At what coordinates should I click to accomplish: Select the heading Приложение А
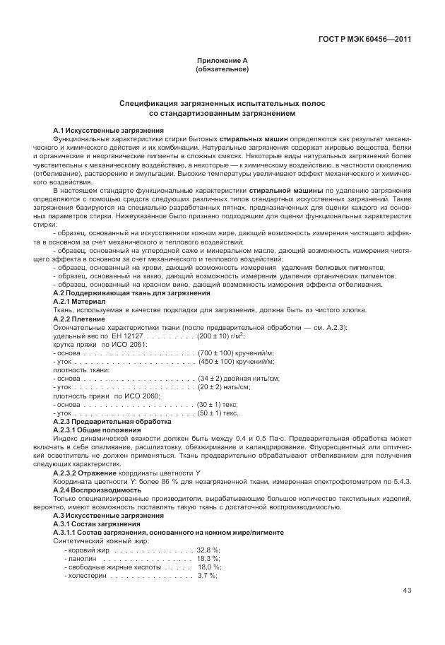(x=222, y=61)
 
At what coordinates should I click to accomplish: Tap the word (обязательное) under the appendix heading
(x=222, y=70)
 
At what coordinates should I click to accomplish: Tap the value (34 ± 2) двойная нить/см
(x=239, y=379)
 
